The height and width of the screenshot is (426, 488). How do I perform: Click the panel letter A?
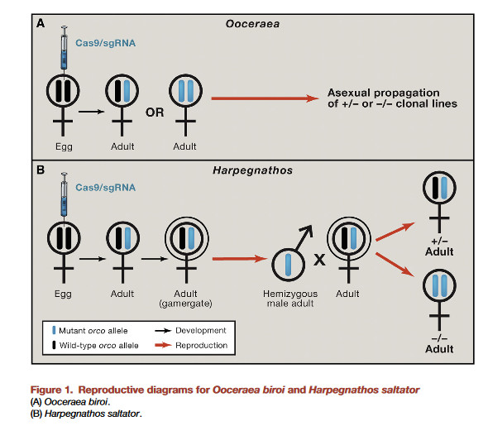tap(41, 23)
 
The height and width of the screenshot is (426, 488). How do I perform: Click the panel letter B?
tap(41, 170)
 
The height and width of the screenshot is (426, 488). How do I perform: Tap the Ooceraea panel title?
tap(252, 24)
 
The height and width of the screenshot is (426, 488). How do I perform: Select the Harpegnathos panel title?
tap(252, 170)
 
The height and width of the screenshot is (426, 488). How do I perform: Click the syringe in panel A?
tap(65, 49)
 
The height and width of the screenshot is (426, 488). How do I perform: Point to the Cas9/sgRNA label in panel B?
tap(106, 187)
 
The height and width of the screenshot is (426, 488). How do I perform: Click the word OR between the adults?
tap(155, 112)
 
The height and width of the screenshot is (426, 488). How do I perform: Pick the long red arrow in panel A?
tap(266, 98)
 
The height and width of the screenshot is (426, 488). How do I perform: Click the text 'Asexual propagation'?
tap(384, 93)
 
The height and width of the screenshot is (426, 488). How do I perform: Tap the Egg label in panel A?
tap(64, 146)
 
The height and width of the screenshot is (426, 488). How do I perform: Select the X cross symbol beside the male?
tap(319, 260)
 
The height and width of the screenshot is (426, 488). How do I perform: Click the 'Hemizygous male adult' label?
tap(290, 299)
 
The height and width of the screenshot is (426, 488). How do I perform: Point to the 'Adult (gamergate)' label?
tap(185, 299)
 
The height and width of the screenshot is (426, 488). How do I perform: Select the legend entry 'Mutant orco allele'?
tap(89, 331)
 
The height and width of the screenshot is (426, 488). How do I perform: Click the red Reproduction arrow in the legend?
tap(163, 345)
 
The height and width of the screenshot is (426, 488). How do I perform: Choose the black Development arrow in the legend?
tap(163, 331)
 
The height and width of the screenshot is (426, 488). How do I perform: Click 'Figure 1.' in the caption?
tap(51, 390)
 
